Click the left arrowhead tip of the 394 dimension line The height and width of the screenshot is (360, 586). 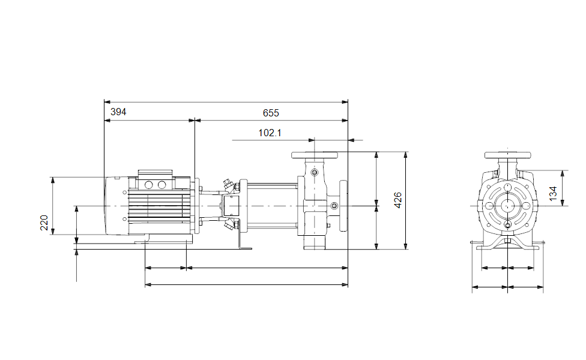click(104, 121)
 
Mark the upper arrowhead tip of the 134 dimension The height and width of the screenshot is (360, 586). click(563, 170)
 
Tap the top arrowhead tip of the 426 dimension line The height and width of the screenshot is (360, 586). click(405, 152)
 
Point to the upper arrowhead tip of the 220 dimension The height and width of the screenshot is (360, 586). click(53, 178)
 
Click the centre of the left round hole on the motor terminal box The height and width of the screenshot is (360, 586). click(148, 184)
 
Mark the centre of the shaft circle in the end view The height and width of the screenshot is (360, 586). click(507, 205)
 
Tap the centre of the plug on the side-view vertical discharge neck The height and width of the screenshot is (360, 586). click(314, 172)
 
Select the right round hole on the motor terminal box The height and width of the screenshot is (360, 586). click(162, 184)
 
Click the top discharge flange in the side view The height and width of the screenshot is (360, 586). click(314, 155)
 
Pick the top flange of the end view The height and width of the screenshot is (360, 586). click(507, 155)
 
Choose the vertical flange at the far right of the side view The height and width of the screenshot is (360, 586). click(343, 206)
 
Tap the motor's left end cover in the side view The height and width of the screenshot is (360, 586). click(116, 206)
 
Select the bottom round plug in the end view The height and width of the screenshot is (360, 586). click(507, 224)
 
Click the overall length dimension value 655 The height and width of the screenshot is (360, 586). click(271, 113)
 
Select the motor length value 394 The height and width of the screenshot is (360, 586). click(118, 112)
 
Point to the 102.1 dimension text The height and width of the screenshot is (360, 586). click(270, 133)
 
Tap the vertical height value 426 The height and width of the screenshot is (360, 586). click(398, 200)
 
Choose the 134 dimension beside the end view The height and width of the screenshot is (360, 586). click(553, 193)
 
